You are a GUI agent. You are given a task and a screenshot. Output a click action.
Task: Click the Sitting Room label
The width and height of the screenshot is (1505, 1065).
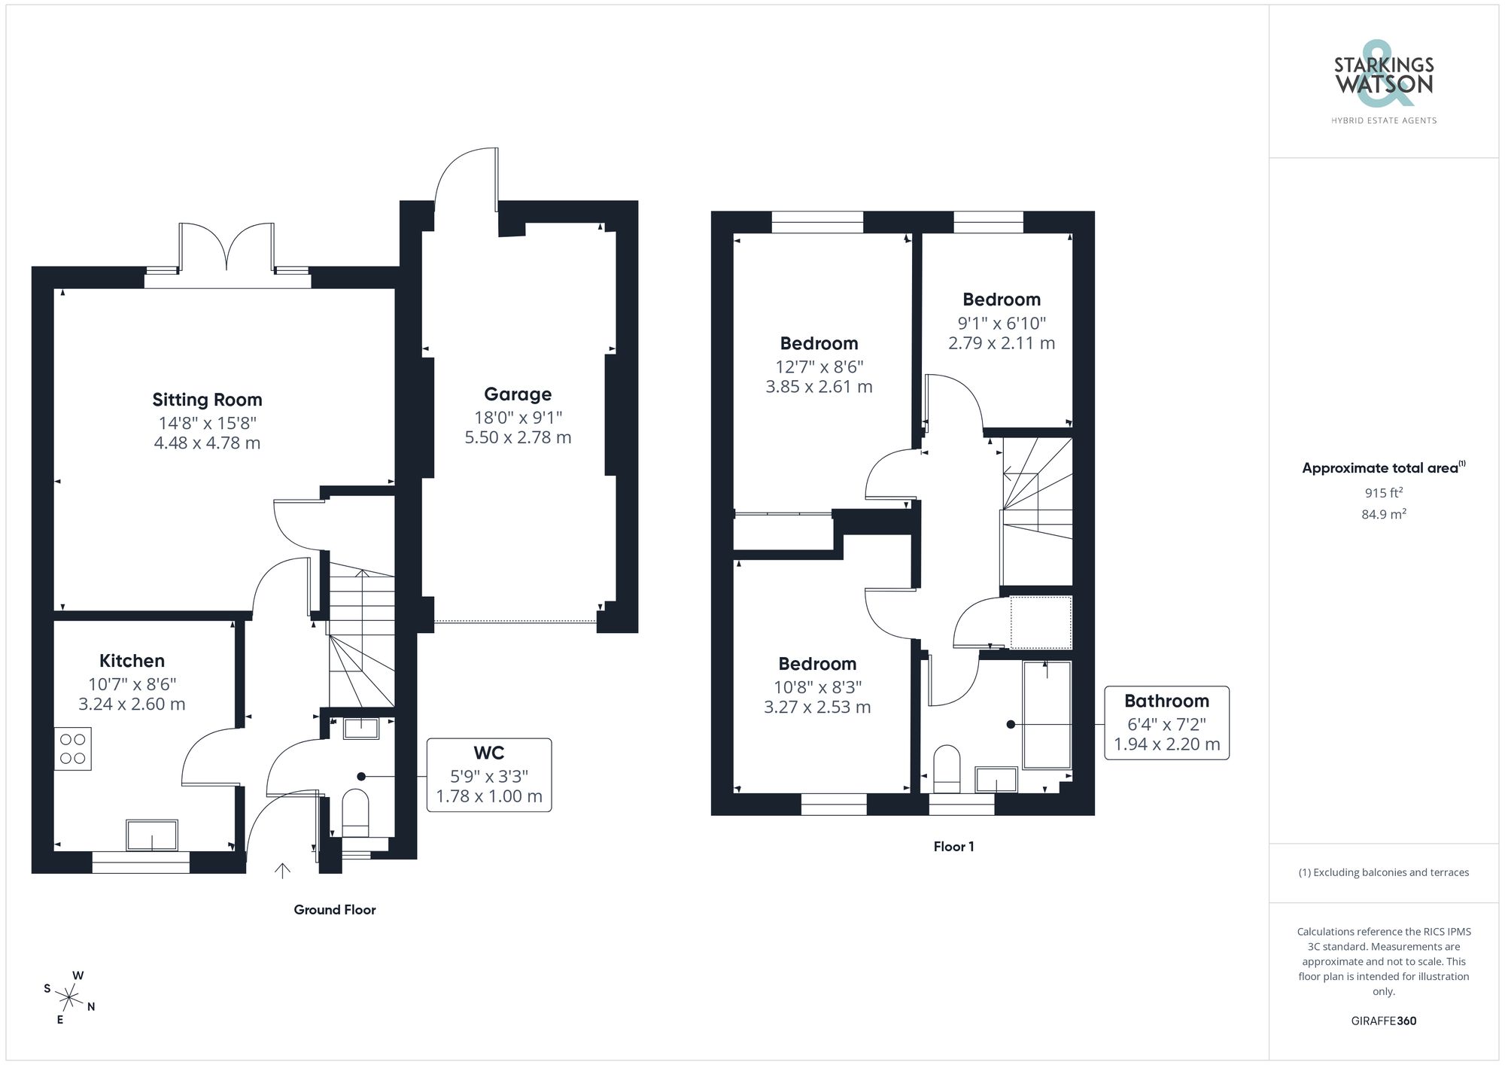pos(207,400)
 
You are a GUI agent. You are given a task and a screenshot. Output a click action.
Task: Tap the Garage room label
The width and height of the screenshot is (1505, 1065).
pos(518,394)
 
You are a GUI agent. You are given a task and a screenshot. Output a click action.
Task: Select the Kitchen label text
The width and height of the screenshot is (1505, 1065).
pos(132,661)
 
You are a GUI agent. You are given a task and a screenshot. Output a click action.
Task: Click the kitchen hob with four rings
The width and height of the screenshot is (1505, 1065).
pos(73,749)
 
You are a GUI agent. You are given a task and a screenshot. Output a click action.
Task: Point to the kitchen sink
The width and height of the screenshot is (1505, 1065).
pos(153,835)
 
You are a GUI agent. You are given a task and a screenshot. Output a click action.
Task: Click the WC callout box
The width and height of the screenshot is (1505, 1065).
pos(489,775)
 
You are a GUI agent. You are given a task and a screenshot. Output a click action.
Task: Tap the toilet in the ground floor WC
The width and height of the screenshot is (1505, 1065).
pos(355,813)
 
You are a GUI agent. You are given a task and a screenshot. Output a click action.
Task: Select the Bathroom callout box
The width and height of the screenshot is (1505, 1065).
pos(1166,723)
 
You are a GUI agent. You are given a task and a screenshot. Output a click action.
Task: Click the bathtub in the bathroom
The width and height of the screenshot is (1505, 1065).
pos(1047,715)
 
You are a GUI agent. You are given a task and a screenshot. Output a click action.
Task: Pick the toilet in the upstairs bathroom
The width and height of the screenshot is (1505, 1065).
pos(947,768)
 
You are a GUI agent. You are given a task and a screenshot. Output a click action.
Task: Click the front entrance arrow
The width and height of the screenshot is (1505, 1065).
pos(283,871)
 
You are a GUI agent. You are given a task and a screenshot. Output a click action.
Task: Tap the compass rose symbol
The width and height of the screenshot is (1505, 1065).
pos(69,999)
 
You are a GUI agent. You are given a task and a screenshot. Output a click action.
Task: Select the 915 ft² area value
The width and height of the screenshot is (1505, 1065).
pos(1384,493)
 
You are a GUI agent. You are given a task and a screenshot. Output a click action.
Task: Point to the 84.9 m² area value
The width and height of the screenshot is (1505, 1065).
pos(1384,515)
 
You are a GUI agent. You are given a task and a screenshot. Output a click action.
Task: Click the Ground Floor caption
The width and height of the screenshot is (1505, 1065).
pos(335,910)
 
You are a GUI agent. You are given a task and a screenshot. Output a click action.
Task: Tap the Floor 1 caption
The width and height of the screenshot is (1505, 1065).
pos(953,847)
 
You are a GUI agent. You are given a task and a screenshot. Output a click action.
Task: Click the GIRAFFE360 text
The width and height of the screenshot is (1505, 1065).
pos(1384,1021)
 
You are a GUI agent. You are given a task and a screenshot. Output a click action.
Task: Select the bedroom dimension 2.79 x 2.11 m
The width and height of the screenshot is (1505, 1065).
pos(1002,343)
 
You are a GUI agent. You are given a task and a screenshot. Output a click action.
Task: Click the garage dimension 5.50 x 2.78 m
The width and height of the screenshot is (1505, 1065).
pos(518,437)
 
